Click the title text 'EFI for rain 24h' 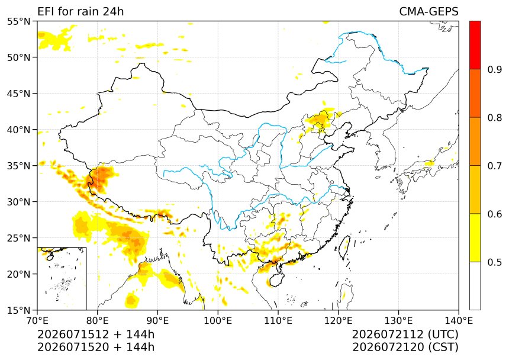coord(80,12)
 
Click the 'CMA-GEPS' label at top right coord(429,12)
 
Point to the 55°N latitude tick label coord(18,21)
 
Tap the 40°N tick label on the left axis coord(18,130)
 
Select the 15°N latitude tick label coord(18,310)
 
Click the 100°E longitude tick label coord(218,321)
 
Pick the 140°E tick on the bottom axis coord(458,321)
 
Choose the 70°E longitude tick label coord(37,321)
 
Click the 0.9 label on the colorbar coord(495,69)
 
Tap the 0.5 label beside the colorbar coord(495,262)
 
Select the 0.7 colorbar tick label coord(495,166)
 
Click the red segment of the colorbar coord(475,45)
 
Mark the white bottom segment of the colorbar coord(475,286)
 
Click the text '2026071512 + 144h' coord(96,334)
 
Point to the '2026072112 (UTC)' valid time coord(405,334)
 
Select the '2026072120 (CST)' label coord(405,347)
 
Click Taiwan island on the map coord(344,247)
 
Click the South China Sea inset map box coord(62,278)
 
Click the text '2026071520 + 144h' coord(96,347)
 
